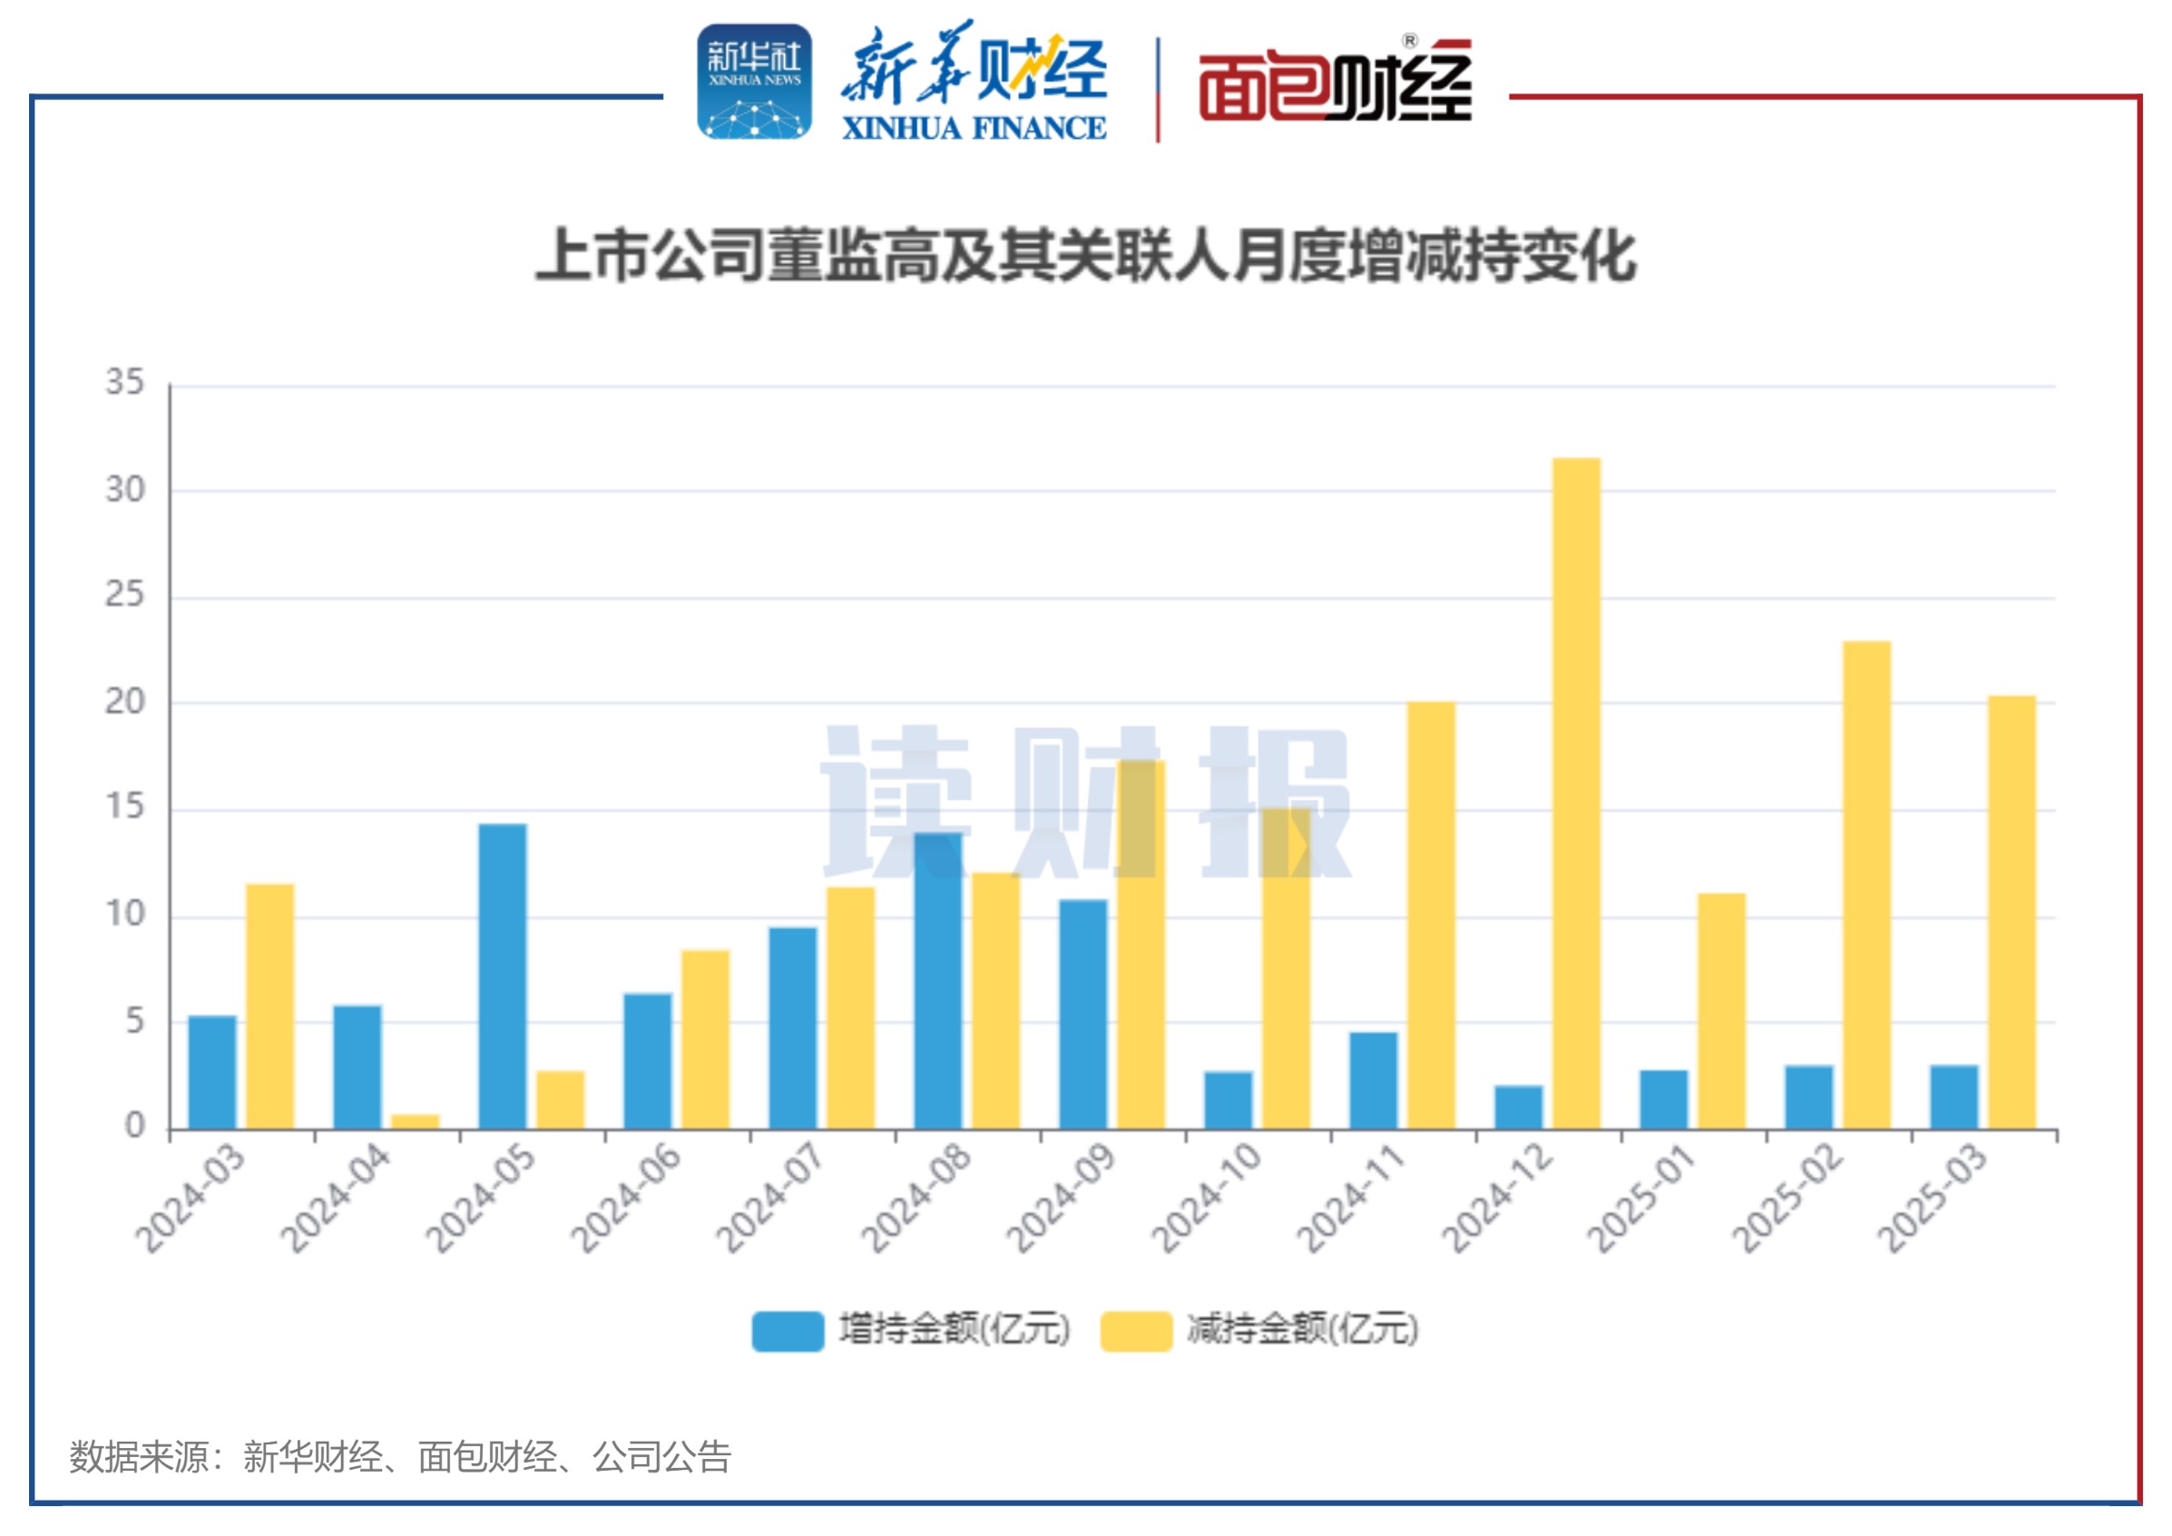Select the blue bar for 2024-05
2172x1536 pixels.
coord(503,976)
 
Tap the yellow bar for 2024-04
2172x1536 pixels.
coord(416,1121)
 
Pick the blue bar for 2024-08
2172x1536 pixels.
coord(937,980)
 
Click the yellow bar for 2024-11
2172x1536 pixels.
coord(1431,915)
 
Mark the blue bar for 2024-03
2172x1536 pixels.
coord(213,1071)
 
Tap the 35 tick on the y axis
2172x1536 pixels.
coord(125,383)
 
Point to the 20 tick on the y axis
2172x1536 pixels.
coord(125,702)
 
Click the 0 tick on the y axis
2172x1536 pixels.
coord(135,1126)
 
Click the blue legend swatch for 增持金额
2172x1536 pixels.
coord(788,1331)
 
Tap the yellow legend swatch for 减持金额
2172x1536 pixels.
coord(1135,1331)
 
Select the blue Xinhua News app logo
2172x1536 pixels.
coord(754,83)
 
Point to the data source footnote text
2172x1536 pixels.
coord(400,1457)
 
